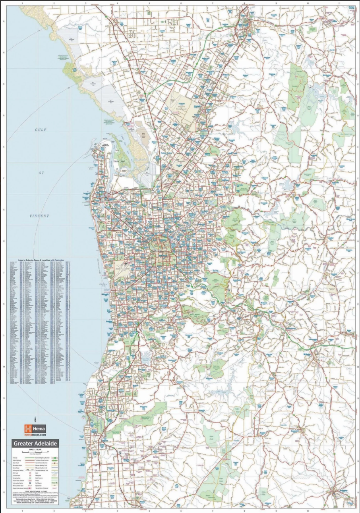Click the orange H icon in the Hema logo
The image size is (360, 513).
28,429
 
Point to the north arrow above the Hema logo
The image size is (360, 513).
35,419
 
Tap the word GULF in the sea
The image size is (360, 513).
41,130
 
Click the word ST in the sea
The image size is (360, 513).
41,173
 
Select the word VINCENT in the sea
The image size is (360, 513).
39,216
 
